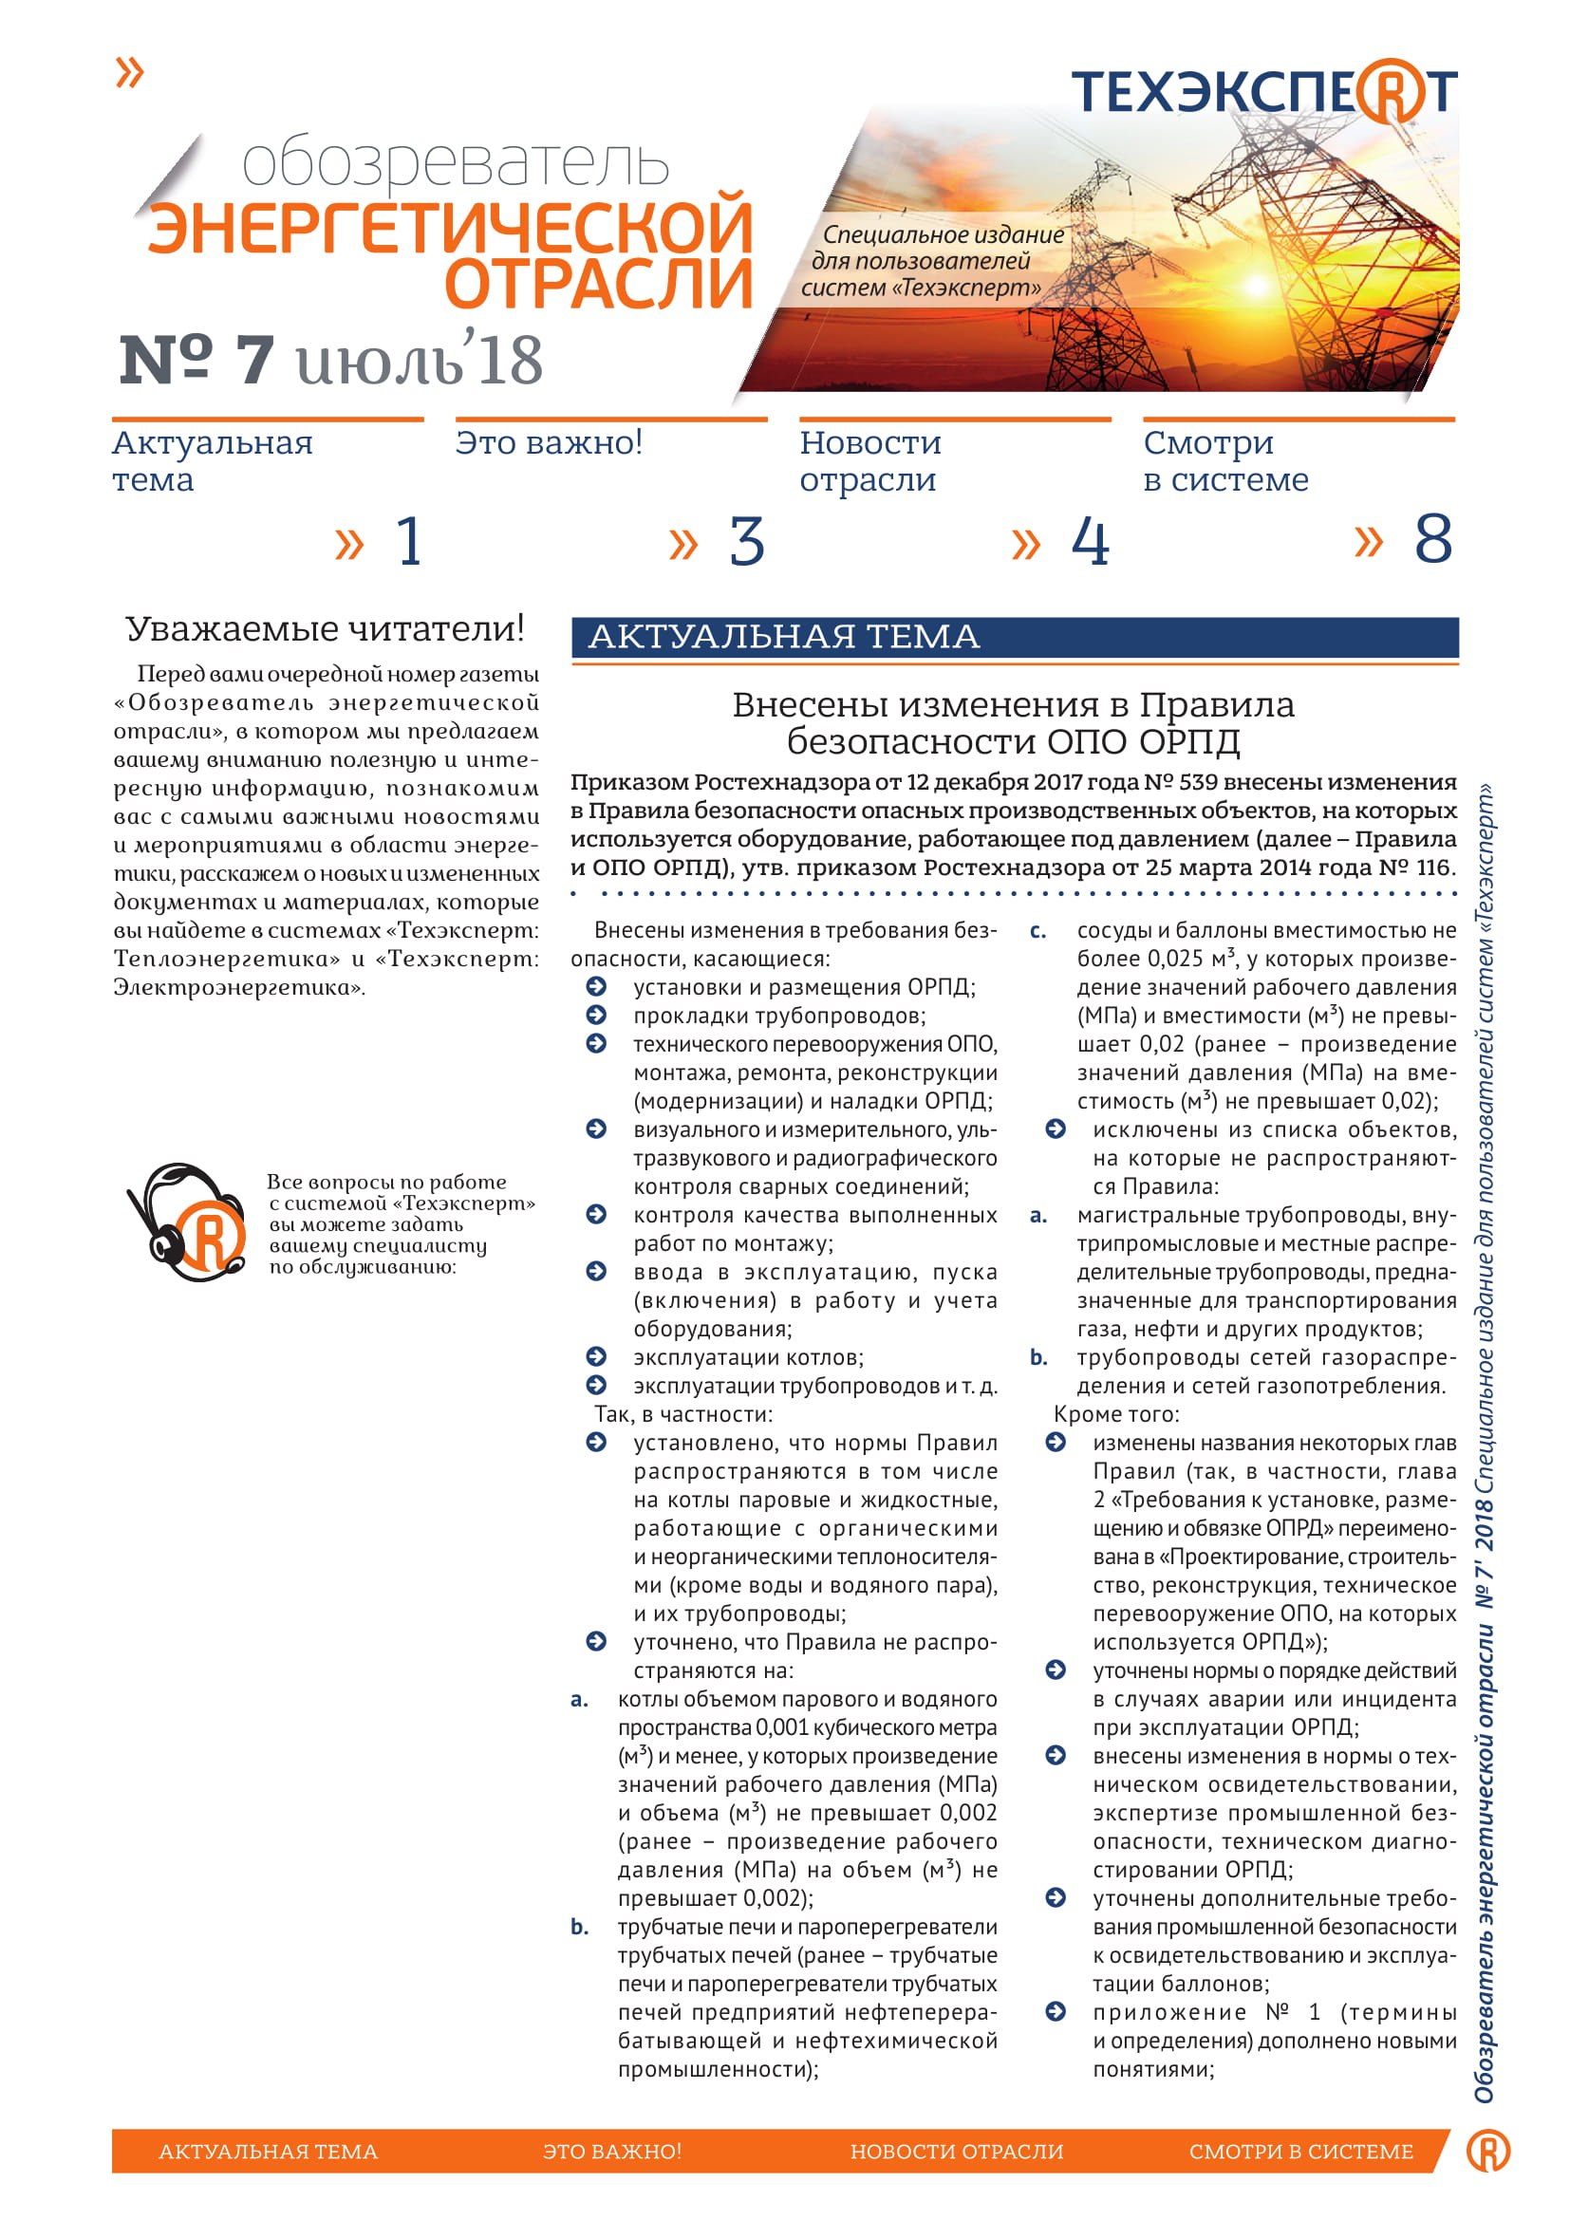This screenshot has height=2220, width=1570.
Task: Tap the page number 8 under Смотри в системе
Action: click(1432, 539)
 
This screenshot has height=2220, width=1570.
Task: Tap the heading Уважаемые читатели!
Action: click(325, 629)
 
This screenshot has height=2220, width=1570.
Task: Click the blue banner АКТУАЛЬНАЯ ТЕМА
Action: click(1014, 637)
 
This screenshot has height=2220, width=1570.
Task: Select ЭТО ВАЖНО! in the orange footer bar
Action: click(612, 2152)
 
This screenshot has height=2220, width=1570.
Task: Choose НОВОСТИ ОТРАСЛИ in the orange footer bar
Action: click(956, 2152)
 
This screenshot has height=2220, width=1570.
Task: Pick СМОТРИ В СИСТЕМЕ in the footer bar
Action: click(1300, 2152)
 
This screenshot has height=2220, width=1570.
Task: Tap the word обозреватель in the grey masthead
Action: click(455, 163)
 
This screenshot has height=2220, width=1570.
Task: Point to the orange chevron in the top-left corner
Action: click(129, 72)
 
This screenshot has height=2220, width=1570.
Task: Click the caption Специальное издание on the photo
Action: click(943, 235)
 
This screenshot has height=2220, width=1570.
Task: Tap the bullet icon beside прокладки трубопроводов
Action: click(596, 1016)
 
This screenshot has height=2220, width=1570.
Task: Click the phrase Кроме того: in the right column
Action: click(1115, 1414)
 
